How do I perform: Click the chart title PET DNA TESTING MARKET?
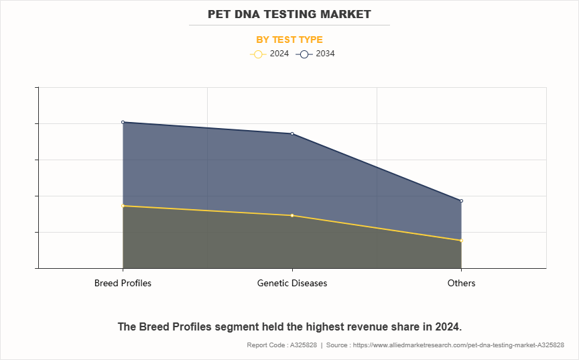pos(289,14)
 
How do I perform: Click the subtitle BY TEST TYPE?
pos(289,40)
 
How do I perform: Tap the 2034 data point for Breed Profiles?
pos(123,122)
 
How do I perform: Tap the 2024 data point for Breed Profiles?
pos(123,206)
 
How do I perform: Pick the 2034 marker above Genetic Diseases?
pos(292,133)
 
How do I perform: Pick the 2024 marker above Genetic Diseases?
pos(292,215)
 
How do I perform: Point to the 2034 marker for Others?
pos(462,201)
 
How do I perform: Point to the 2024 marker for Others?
pos(462,241)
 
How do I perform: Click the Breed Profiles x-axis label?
pos(123,283)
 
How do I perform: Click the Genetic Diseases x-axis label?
pos(292,283)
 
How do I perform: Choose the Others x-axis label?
pos(462,283)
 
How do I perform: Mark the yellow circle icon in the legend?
pos(258,54)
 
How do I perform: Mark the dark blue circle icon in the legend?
pos(304,54)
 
